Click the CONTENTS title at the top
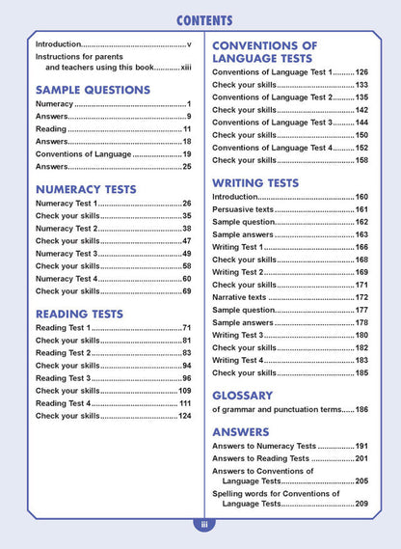click(x=203, y=20)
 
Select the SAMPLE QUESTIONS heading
click(x=93, y=90)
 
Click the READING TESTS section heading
click(x=79, y=314)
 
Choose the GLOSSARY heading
click(x=242, y=395)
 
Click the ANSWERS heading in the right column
click(x=240, y=431)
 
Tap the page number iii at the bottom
click(x=204, y=525)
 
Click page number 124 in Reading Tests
click(x=184, y=416)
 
